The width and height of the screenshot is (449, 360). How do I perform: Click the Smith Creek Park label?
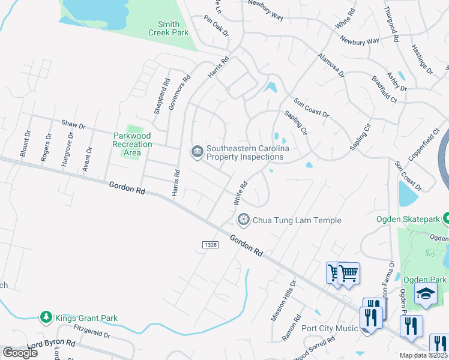[169, 29]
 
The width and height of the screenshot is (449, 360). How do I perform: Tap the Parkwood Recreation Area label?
[132, 144]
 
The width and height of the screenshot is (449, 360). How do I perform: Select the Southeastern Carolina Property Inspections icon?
[197, 152]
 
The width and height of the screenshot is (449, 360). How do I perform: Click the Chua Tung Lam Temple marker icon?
[244, 220]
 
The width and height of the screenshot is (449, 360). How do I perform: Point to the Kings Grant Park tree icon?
[46, 316]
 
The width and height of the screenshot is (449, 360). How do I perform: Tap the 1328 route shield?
[209, 244]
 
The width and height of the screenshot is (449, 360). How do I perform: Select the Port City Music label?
[329, 328]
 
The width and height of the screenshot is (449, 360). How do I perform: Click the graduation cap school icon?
[426, 294]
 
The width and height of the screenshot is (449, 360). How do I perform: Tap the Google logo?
[20, 352]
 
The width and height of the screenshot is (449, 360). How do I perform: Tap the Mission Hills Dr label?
[284, 301]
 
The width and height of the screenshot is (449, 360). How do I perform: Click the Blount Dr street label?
[25, 144]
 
